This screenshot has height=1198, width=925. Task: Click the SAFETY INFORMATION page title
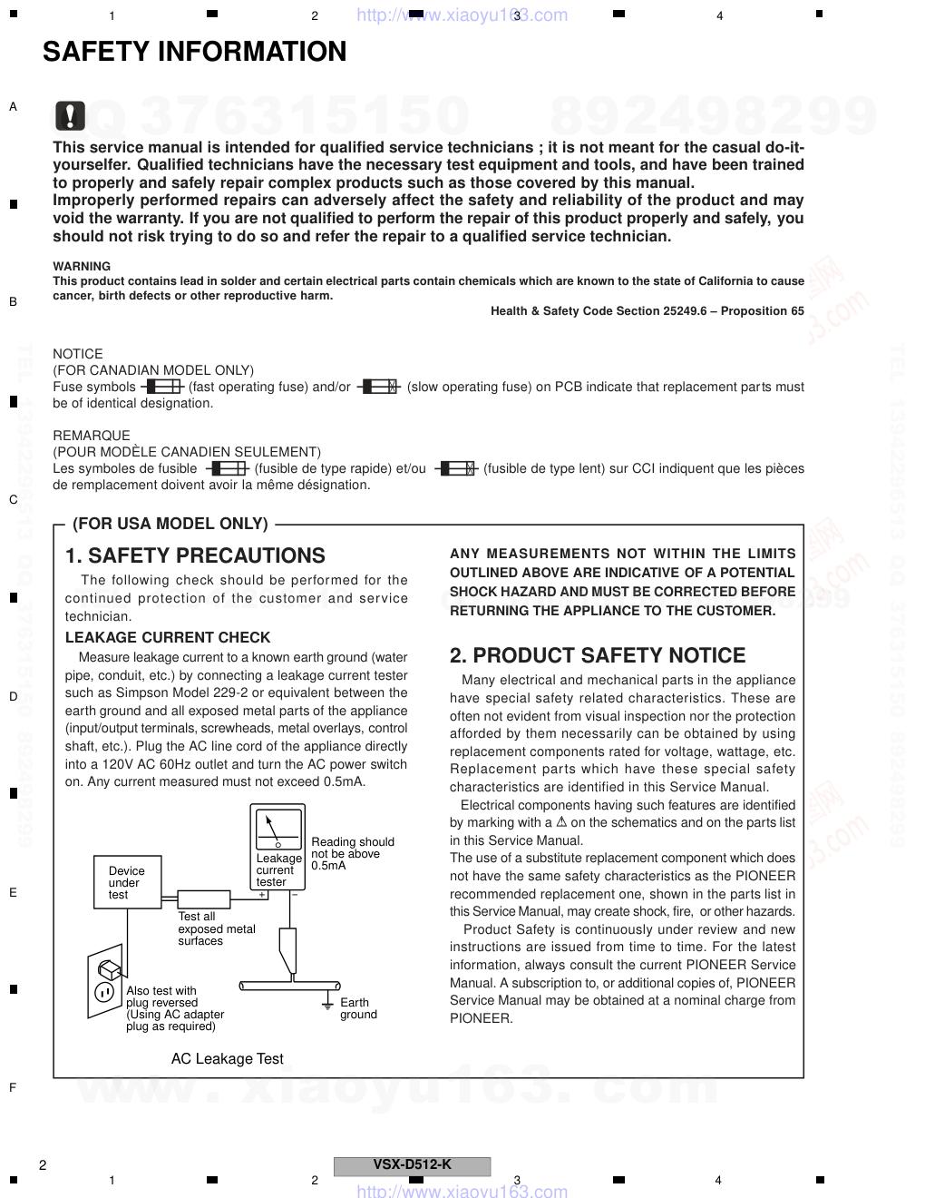[194, 53]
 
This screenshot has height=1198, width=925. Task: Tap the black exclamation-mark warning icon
[70, 115]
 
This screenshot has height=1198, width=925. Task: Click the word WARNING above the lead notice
[82, 266]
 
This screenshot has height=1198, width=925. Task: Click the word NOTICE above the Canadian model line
[78, 354]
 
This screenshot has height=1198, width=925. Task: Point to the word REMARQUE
[92, 436]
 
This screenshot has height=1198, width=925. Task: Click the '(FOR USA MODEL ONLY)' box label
[170, 524]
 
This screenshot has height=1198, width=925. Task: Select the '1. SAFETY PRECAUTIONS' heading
[195, 555]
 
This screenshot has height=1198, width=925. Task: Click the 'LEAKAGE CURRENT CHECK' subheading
[168, 637]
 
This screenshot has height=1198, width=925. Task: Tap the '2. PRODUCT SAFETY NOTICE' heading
[598, 655]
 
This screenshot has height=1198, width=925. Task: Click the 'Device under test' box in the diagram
[126, 882]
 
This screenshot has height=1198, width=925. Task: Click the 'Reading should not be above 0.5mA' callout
[352, 853]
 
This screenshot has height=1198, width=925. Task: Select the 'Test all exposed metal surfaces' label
[217, 928]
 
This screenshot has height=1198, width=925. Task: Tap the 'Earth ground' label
[358, 1008]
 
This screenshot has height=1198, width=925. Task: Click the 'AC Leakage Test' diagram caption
[227, 1058]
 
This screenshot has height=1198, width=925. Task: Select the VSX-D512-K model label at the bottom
[412, 1165]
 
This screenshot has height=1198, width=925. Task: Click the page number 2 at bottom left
[43, 1165]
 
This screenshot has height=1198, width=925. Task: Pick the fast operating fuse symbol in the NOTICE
[162, 388]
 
